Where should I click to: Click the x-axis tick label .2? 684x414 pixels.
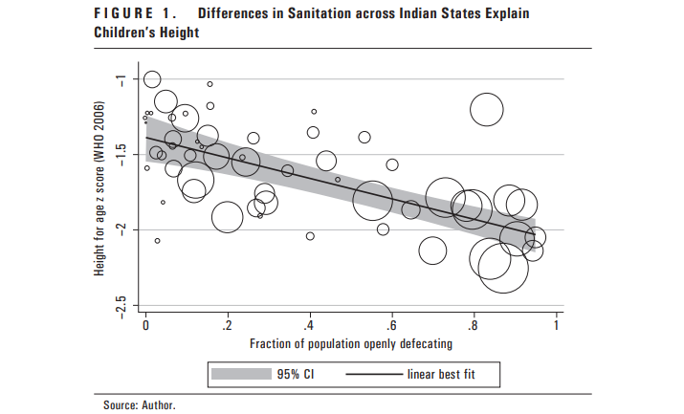click(x=228, y=325)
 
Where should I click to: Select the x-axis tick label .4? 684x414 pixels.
click(x=310, y=325)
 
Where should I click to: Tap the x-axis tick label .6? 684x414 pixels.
click(x=392, y=325)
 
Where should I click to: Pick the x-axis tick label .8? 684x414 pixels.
click(x=474, y=325)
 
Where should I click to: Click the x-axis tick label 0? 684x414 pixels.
click(x=145, y=325)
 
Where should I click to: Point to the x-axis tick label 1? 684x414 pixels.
click(x=556, y=325)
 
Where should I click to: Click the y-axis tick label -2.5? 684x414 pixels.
click(x=121, y=305)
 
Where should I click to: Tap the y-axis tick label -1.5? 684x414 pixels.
click(x=121, y=155)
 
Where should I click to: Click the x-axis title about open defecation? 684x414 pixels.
click(x=350, y=342)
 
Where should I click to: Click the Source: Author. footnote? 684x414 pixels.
click(x=139, y=405)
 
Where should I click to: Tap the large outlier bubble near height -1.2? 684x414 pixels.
click(x=487, y=111)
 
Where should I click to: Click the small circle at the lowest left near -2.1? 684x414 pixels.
click(x=157, y=241)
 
